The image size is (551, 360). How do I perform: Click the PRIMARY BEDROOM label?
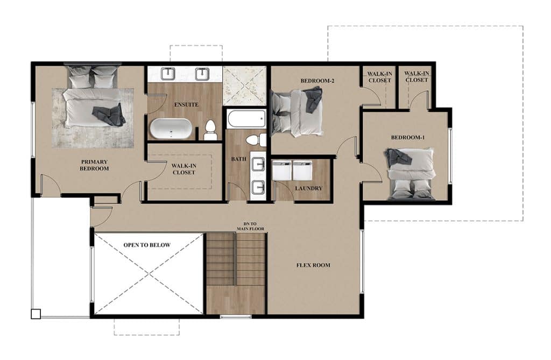click(x=94, y=165)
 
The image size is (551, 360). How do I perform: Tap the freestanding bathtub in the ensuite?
click(x=171, y=129)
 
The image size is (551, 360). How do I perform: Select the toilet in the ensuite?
click(x=210, y=130)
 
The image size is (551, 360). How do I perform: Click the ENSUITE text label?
click(x=186, y=105)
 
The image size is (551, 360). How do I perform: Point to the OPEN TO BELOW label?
click(x=147, y=245)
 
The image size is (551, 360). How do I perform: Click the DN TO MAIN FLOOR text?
click(x=250, y=226)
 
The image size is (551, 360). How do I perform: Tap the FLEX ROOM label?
click(x=313, y=265)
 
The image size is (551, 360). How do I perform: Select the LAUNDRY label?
click(x=308, y=188)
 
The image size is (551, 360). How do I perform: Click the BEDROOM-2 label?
click(x=317, y=81)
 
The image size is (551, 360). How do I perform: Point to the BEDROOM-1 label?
click(x=408, y=137)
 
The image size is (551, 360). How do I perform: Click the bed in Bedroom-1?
click(x=411, y=174)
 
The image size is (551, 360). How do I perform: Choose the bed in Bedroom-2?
click(x=296, y=112)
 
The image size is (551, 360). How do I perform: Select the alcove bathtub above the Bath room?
click(x=246, y=119)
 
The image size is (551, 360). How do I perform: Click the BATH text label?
click(x=238, y=159)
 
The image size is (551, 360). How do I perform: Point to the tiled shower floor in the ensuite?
click(x=245, y=86)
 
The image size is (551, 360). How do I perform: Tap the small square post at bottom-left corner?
click(x=36, y=314)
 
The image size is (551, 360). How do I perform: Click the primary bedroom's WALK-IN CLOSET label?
click(x=184, y=169)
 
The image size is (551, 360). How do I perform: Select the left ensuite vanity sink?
click(x=168, y=74)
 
